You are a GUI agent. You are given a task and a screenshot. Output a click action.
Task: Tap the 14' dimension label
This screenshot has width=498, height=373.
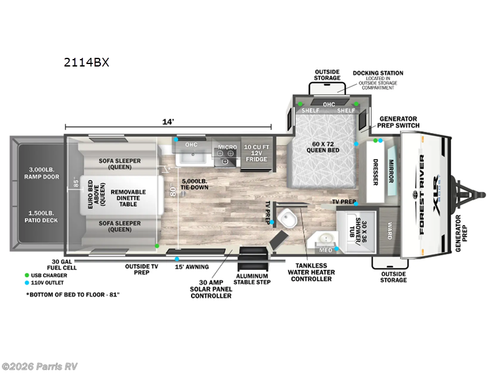(168, 122)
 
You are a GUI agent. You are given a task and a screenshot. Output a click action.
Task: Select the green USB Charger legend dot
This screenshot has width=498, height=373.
(27, 274)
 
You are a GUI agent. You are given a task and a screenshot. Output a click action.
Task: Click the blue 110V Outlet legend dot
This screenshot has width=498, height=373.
(27, 283)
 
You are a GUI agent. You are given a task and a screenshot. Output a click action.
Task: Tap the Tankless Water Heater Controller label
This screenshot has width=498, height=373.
(310, 272)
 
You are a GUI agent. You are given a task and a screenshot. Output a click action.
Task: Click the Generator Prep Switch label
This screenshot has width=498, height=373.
(398, 122)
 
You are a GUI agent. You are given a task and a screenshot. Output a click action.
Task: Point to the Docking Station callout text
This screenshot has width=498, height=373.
(378, 73)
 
